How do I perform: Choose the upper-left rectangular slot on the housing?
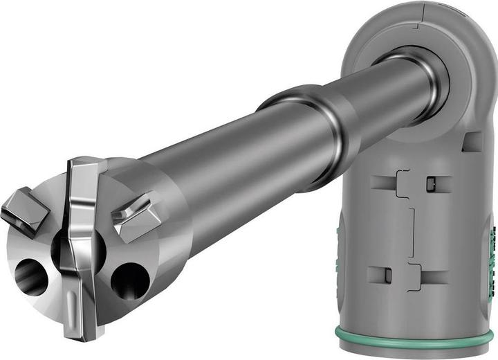(x=385, y=183)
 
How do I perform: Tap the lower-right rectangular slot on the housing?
(x=434, y=277)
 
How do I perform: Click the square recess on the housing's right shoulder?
(x=473, y=143)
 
